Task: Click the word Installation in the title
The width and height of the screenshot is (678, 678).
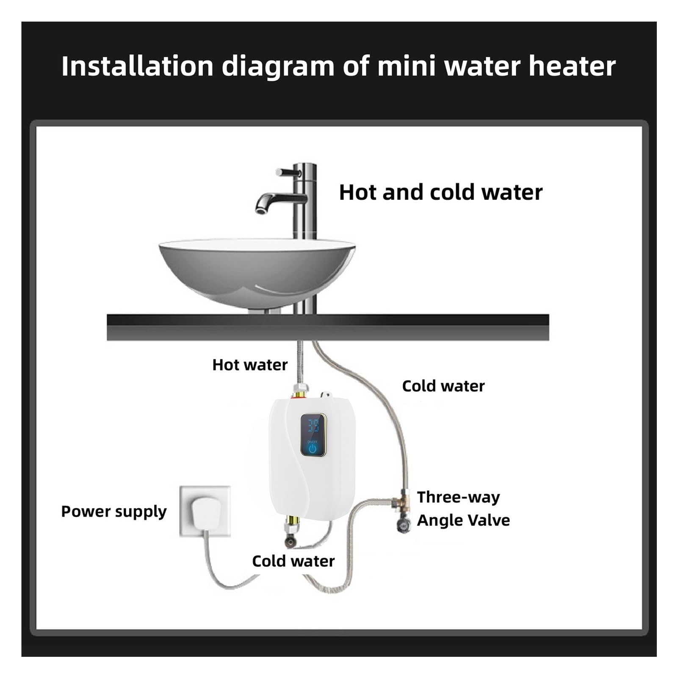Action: pos(137,66)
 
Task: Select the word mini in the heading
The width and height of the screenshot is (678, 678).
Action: pos(406,66)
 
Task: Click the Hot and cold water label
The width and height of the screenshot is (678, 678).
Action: pos(440,192)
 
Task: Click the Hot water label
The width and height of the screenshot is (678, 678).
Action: pos(250,365)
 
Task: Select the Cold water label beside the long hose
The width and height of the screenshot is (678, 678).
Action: pos(443,386)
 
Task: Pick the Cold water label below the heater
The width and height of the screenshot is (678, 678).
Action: pos(293,561)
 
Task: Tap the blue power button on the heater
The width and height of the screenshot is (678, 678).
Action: pos(313,448)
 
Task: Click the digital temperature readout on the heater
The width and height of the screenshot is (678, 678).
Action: pos(313,426)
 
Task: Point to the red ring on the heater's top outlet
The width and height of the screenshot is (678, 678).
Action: pos(298,396)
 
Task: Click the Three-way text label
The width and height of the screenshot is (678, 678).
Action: pos(458,497)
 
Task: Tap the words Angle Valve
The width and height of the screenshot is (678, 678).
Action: pos(463,520)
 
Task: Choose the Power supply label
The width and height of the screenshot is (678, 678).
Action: pos(114,512)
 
